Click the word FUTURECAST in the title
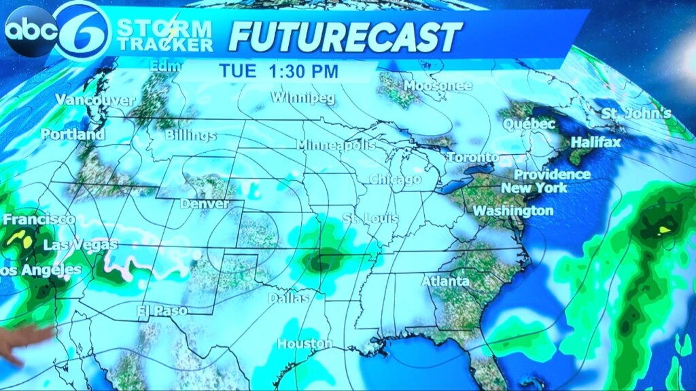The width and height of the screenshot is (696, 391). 345,36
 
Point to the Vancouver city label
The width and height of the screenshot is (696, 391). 95,100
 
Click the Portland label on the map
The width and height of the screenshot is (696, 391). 73,134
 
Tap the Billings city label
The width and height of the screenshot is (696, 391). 190,136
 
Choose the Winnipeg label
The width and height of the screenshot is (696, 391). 302,98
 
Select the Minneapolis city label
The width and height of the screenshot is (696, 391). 336,145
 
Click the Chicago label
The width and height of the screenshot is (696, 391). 395,180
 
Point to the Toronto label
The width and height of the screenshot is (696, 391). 472,157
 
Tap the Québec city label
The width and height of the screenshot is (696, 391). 529,124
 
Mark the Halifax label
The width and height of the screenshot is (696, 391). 595,143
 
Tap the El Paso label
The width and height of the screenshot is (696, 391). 162,310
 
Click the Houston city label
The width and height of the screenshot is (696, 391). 304,343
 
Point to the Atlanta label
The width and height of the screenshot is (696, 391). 445,281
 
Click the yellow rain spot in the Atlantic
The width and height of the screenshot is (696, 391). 664,229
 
